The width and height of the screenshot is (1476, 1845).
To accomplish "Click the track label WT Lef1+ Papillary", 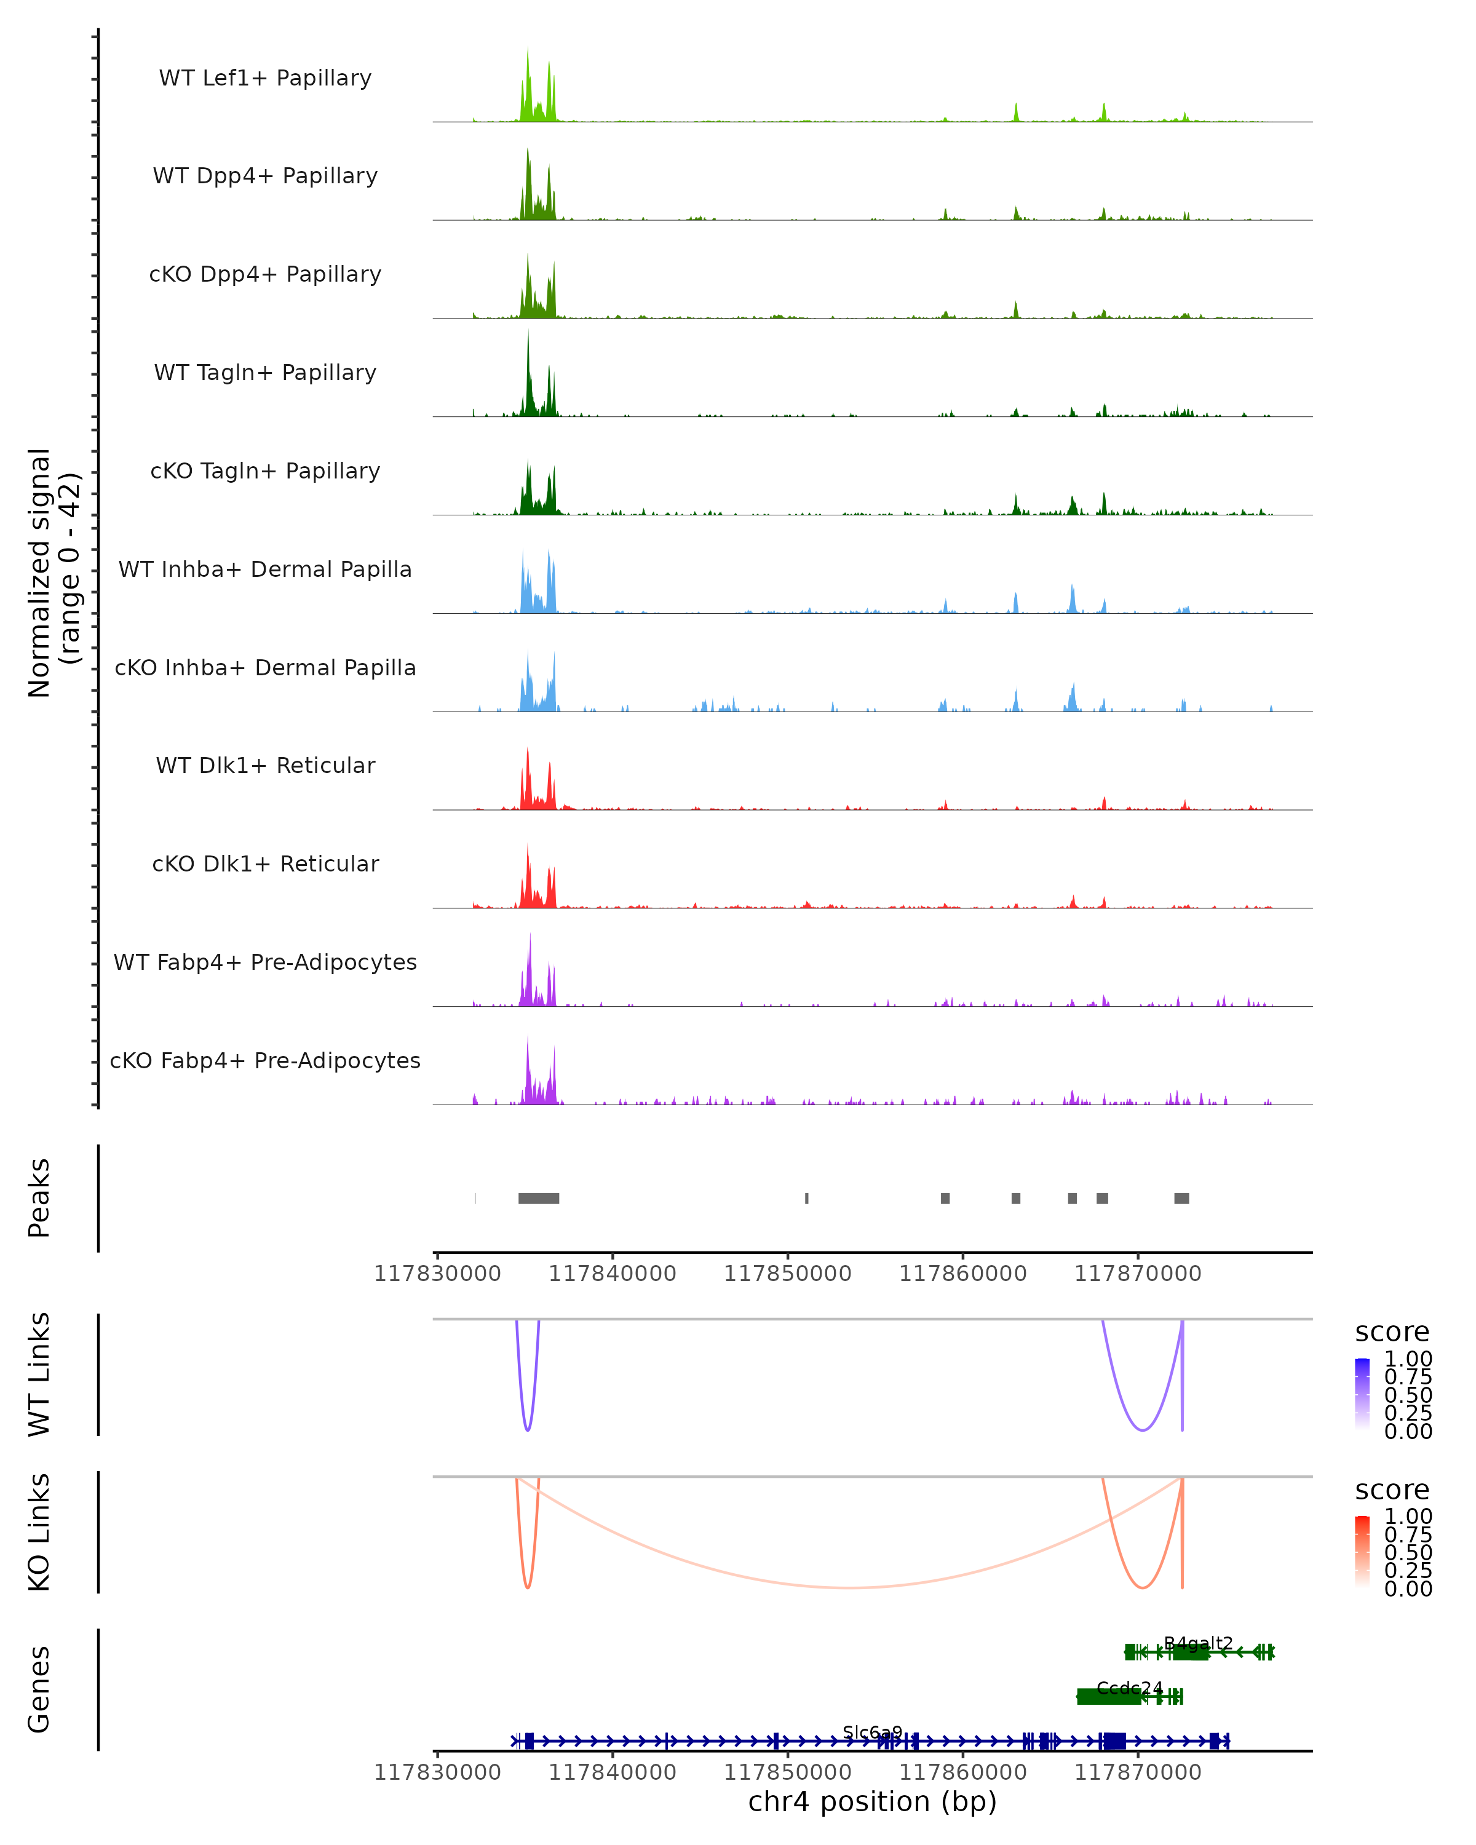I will point(265,78).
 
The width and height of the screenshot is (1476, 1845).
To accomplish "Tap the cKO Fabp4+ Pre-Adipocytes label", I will point(265,1060).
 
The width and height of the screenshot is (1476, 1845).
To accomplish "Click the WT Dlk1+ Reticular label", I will point(265,766).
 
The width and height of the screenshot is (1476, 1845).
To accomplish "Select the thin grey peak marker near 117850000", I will point(806,1198).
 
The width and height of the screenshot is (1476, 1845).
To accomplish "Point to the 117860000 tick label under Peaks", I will point(962,1274).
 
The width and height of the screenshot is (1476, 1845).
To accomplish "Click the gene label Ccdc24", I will point(1130,1688).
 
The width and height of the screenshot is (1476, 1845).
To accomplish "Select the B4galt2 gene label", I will point(1198,1643).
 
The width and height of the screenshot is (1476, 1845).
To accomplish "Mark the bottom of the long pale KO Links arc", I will point(847,1587).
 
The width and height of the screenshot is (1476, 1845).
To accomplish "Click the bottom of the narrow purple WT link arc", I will point(528,1430).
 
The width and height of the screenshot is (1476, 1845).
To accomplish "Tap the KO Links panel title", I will point(39,1532).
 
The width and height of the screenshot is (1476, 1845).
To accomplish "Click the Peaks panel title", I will point(39,1198).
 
